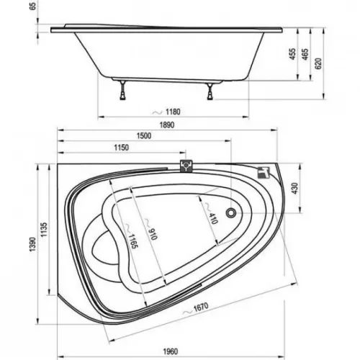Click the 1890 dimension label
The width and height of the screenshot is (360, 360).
[x=167, y=125]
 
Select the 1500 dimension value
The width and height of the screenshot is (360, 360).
[x=144, y=136]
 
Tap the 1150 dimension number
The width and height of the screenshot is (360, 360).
[x=121, y=148]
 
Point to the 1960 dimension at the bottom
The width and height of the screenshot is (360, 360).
[x=171, y=351]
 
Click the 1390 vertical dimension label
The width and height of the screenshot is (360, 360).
[x=32, y=244]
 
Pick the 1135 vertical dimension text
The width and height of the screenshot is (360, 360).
[x=44, y=230]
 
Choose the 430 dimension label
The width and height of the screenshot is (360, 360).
[x=295, y=189]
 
